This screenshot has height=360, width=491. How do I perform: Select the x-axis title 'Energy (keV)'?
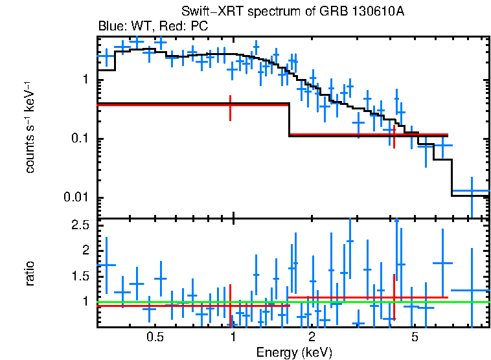point(293,353)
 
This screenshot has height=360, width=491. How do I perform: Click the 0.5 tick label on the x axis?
point(155,338)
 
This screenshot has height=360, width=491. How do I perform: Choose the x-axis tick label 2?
point(312,338)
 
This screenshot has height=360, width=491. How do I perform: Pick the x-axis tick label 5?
point(415,338)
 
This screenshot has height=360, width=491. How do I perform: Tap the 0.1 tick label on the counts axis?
point(80,139)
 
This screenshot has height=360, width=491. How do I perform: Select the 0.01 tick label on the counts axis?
point(77,197)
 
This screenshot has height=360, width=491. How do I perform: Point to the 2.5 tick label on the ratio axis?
point(80,225)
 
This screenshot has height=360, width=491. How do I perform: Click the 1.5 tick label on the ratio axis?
point(80,276)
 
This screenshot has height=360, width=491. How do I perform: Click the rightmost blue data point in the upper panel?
point(472,192)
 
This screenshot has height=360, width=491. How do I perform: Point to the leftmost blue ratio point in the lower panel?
point(106,265)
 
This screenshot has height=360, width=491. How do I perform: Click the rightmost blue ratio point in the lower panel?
point(472,290)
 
